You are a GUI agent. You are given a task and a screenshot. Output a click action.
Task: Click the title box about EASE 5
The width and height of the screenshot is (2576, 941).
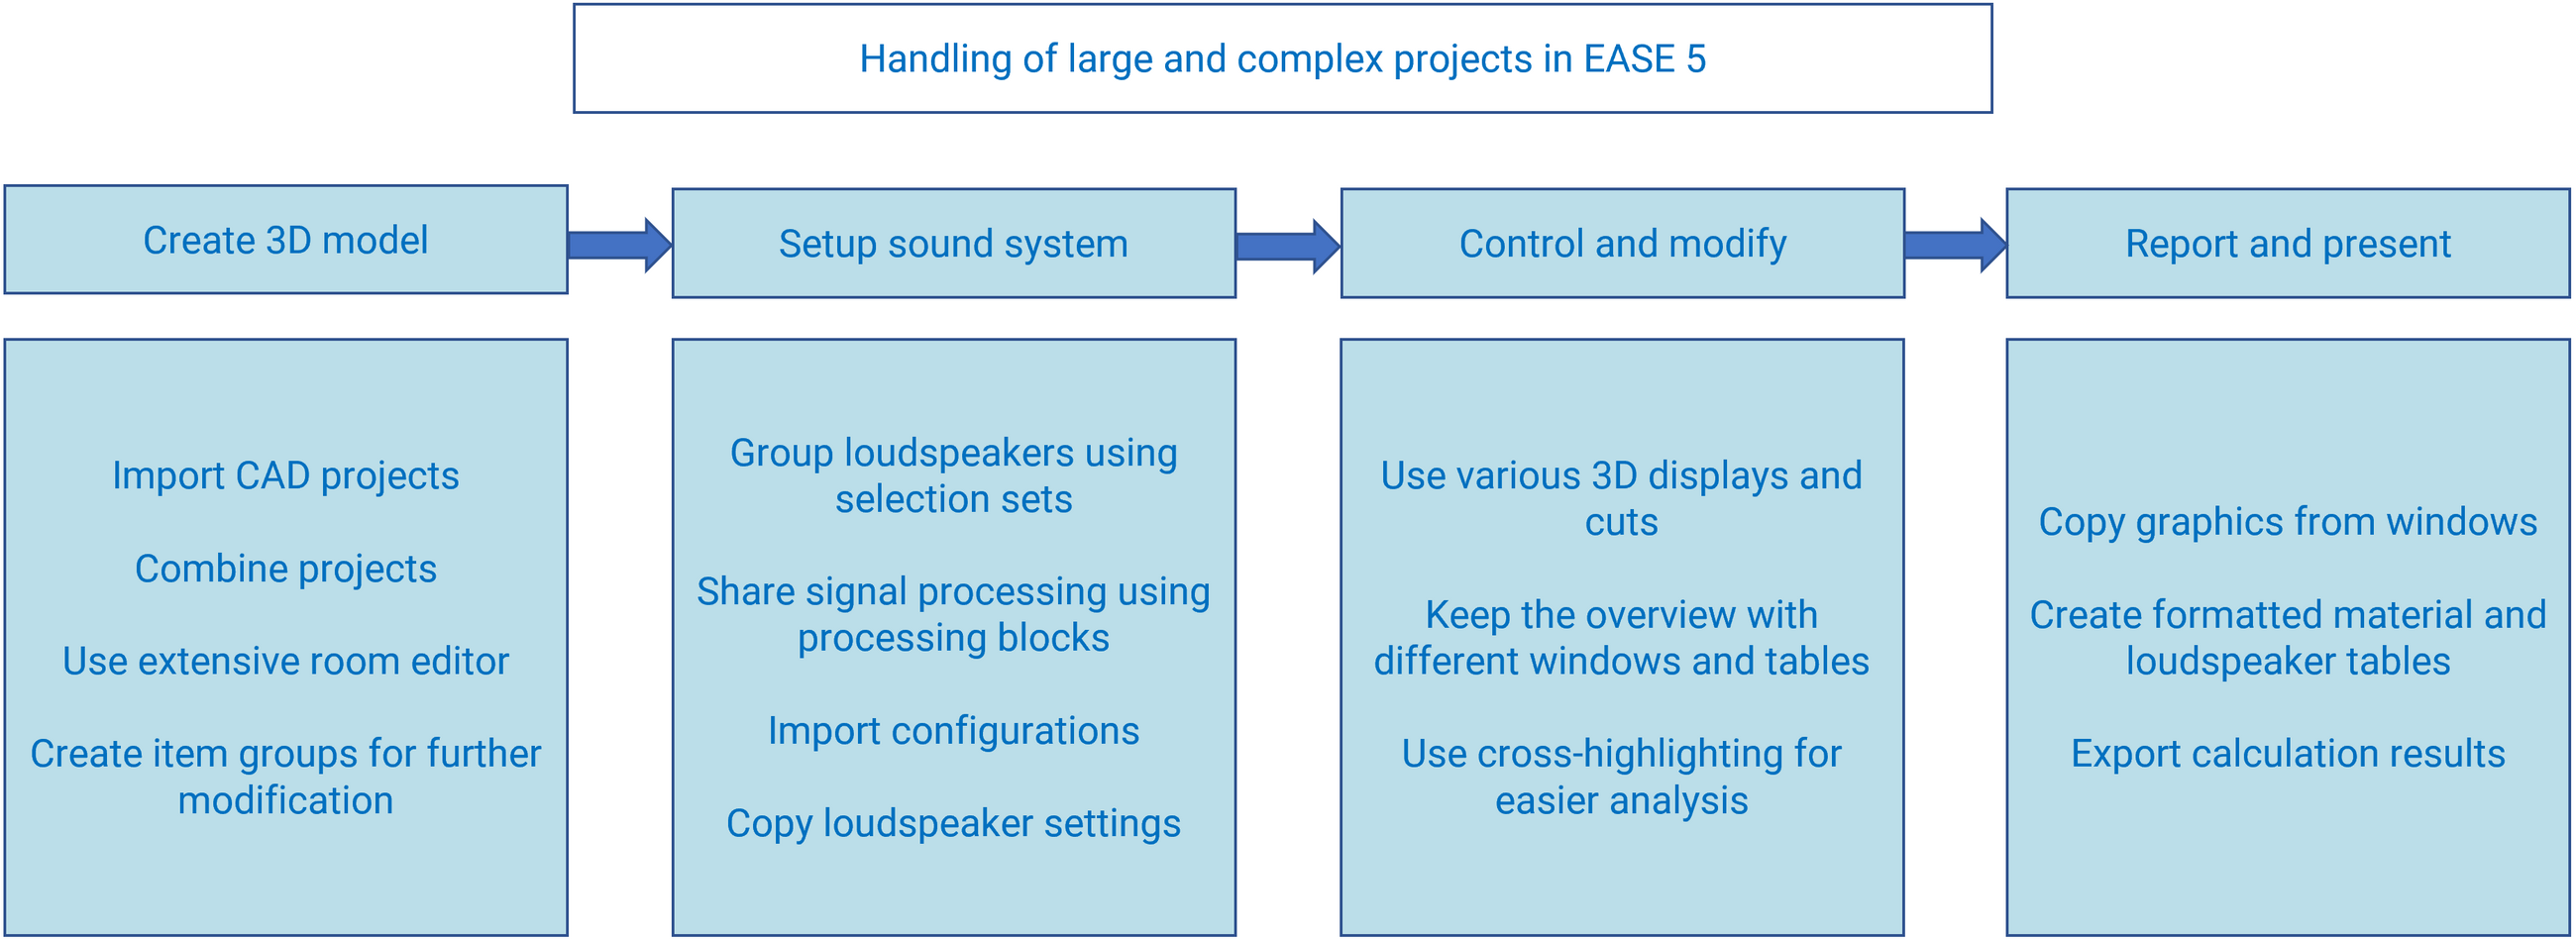[1282, 58]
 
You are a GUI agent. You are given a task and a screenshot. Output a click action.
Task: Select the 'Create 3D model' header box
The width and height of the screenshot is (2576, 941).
[286, 239]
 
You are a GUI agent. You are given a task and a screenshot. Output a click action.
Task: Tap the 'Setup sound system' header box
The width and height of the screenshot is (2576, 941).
[954, 243]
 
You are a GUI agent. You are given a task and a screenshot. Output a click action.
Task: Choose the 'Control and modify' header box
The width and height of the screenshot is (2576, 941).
[1622, 243]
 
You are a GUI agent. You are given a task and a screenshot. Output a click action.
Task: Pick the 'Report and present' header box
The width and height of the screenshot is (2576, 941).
[2288, 243]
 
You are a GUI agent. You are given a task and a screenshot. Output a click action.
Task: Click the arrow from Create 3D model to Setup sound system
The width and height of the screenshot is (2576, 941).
[620, 245]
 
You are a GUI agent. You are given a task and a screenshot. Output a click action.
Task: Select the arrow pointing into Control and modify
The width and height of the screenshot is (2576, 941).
[1288, 246]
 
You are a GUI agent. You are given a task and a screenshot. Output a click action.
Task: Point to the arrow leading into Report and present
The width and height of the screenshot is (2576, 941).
[1955, 245]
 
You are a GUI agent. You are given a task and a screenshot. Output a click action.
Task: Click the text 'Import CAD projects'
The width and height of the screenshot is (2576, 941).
[286, 476]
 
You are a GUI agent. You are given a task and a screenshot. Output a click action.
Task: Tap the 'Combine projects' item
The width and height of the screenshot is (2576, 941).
[286, 569]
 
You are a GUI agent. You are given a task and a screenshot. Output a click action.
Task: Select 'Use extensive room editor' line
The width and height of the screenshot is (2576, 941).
[286, 661]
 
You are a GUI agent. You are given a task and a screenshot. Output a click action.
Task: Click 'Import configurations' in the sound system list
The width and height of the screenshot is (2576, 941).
[954, 731]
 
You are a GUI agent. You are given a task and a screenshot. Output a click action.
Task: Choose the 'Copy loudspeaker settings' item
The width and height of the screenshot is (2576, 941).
[954, 824]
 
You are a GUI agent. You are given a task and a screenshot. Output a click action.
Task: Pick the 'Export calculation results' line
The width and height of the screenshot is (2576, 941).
[2288, 753]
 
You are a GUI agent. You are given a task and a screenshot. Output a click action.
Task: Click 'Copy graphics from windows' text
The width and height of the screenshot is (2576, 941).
[2288, 522]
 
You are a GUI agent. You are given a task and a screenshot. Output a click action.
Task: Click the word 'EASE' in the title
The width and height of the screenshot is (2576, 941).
[1629, 59]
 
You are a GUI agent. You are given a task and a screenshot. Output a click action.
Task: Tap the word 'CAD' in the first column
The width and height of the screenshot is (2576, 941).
[272, 476]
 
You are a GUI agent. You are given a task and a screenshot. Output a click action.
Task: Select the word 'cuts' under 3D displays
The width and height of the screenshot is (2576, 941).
[1622, 523]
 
